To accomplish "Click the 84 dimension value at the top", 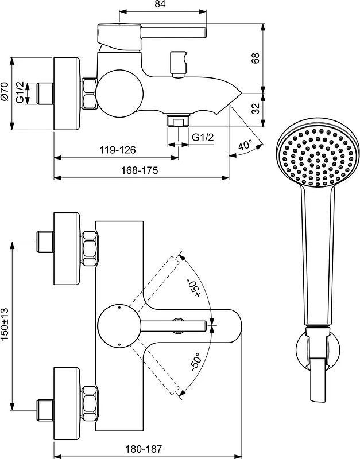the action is coord(160,4).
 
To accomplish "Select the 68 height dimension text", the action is coord(256,58).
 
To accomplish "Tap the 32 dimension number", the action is coord(256,108).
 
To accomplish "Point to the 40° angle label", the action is coord(245,145).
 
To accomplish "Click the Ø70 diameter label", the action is coord(5,92).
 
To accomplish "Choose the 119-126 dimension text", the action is coord(118,150).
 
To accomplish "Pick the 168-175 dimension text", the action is coord(140,170).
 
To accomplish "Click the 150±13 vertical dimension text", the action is coord(5,325).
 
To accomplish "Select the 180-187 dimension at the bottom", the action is coord(144,449).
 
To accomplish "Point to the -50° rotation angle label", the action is coord(195,362).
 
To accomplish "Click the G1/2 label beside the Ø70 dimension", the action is coord(20,92).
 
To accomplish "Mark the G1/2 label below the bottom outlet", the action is coord(203,137).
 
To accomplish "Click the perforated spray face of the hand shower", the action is coord(318,156).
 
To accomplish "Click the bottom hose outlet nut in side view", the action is coord(179,120).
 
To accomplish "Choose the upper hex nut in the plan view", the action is coord(90,248).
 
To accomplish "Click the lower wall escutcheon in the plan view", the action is coord(67,403).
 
